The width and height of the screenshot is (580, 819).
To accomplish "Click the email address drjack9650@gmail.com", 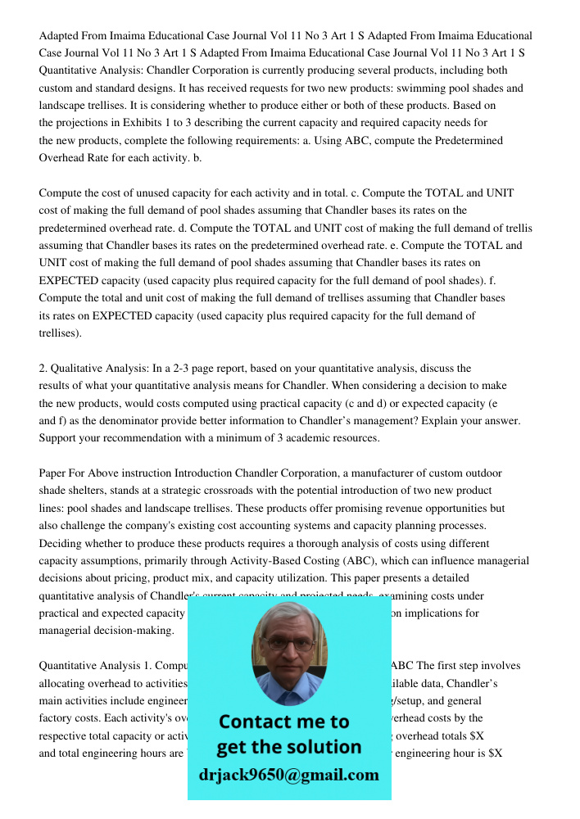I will point(288,775).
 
